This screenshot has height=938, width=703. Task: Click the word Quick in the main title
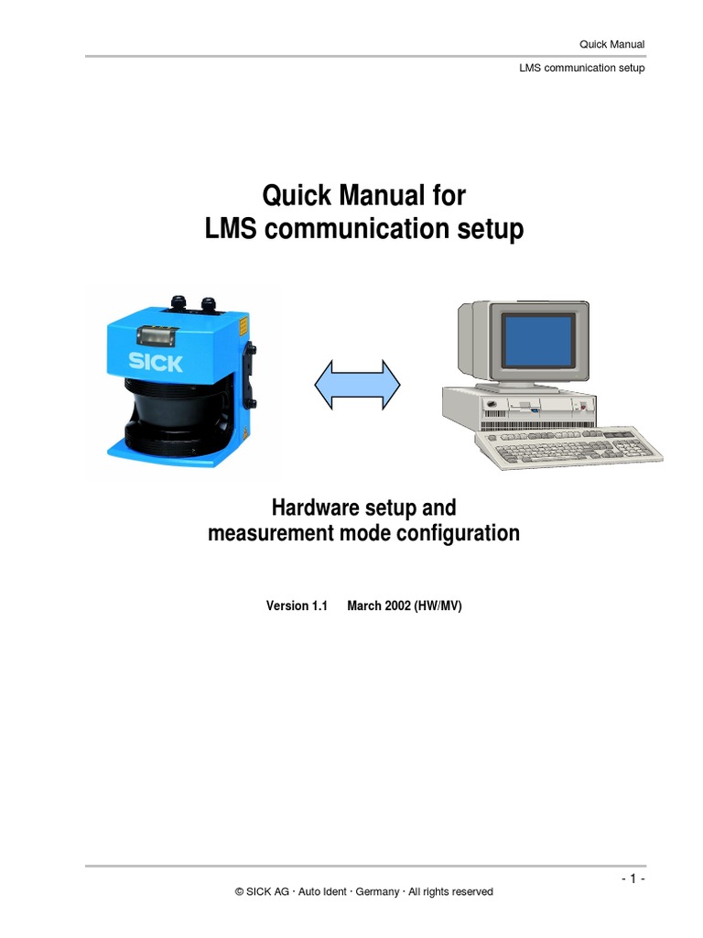[295, 195]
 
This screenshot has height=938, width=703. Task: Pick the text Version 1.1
[297, 605]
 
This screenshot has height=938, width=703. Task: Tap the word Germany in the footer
[376, 891]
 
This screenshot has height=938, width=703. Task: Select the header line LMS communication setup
[582, 68]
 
